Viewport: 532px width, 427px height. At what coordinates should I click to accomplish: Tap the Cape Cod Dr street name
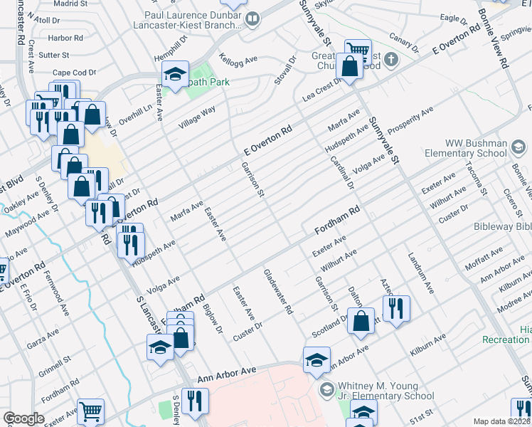click(74, 73)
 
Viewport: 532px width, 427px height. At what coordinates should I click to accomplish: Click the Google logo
click(23, 418)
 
